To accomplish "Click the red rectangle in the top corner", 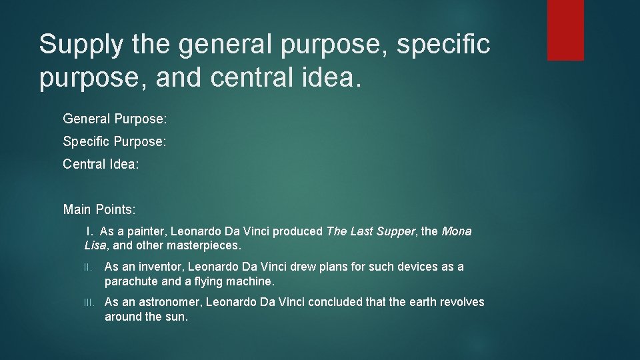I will click(x=565, y=30).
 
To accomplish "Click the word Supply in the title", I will click(x=80, y=45).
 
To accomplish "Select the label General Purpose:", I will click(x=115, y=119).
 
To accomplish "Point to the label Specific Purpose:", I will click(x=114, y=142).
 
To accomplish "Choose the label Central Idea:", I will click(x=101, y=164).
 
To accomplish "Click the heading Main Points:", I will click(x=99, y=210).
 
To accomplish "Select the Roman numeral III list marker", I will click(x=89, y=303).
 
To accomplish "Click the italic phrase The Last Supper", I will click(x=371, y=232).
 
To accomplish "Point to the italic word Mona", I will click(x=456, y=232).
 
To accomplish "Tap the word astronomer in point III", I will click(x=169, y=303).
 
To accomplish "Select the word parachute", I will click(x=131, y=281).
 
